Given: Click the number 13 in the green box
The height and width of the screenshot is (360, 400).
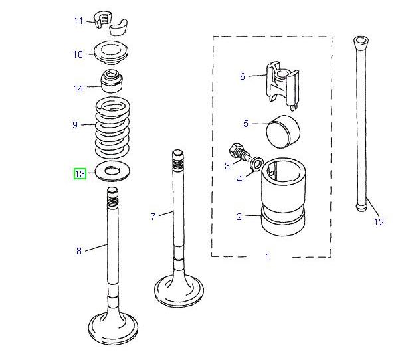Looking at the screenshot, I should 80,174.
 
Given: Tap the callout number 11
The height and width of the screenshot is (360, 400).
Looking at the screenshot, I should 78,21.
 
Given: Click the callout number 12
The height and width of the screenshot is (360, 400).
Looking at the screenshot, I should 379,222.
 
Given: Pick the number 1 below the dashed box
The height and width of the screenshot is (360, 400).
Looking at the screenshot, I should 268,256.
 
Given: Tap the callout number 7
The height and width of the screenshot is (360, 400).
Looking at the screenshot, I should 153,217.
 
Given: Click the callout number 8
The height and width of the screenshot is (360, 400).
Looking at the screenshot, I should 78,250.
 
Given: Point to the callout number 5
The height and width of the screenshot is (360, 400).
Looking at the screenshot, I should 245,124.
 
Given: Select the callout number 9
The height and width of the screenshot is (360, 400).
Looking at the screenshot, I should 75,124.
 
